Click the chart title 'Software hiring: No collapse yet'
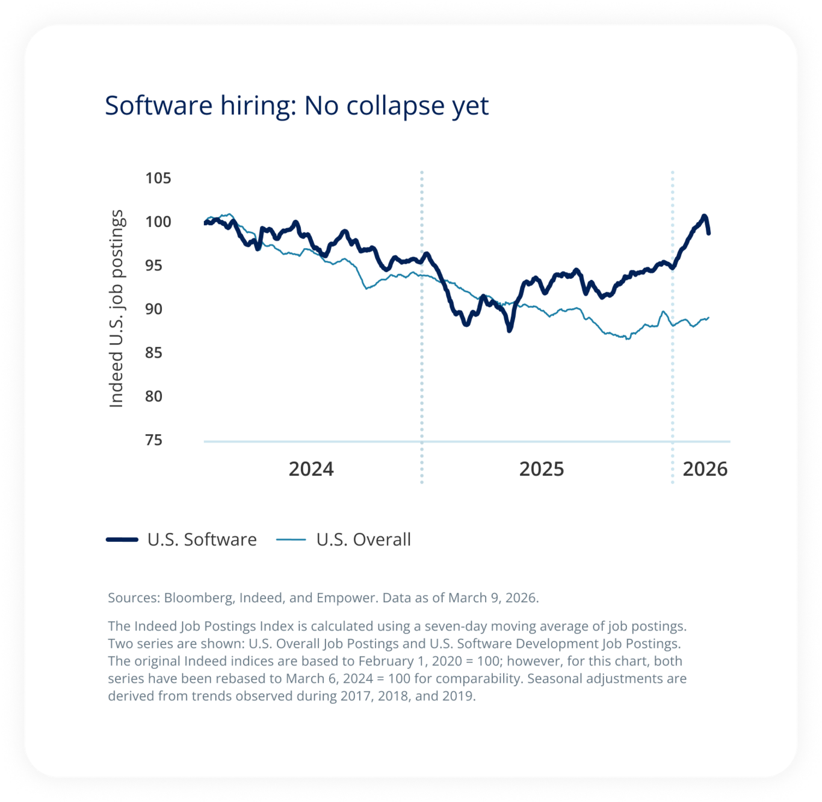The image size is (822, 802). point(297,106)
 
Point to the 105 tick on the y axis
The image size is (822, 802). point(158,178)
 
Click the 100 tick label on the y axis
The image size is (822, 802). point(158,222)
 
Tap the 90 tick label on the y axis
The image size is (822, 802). point(153,309)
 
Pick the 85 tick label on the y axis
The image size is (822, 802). point(153,353)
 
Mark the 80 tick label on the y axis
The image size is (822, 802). point(153,396)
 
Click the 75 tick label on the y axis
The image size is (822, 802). point(153,440)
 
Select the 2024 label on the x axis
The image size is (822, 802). point(311,469)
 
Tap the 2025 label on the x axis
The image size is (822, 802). point(542,469)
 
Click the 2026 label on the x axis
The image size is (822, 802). point(705,469)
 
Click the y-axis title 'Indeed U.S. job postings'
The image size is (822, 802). point(116,309)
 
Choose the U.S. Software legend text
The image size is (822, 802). point(202,539)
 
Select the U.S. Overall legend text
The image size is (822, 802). point(363,539)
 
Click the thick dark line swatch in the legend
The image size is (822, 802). point(122,539)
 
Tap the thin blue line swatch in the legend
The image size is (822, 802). point(291,539)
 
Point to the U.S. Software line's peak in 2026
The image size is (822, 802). point(703,216)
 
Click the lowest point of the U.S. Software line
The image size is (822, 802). point(510,330)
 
